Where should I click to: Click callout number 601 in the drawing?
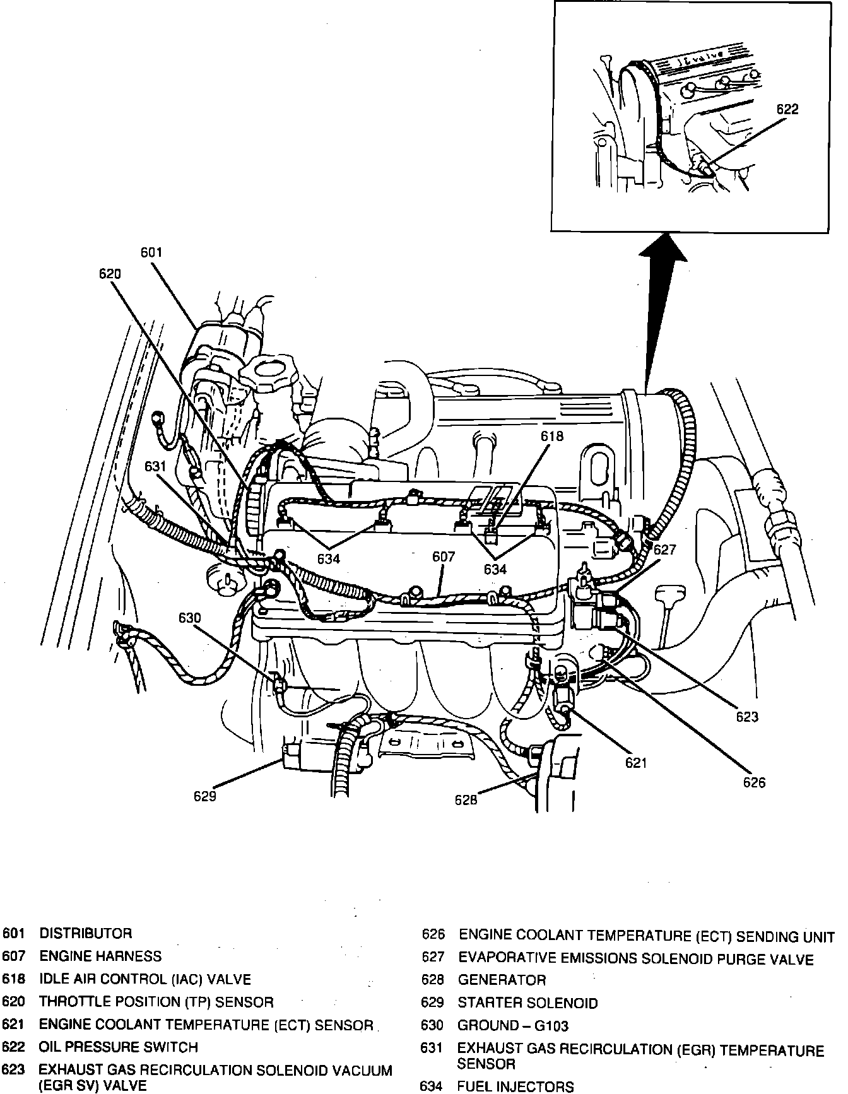tap(151, 252)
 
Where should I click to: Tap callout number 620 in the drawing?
tap(110, 273)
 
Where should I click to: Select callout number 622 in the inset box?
tap(787, 109)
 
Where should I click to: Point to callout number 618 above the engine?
tap(551, 436)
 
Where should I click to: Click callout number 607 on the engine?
tap(444, 557)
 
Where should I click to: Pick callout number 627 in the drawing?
tap(664, 550)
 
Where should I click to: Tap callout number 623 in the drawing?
tap(746, 717)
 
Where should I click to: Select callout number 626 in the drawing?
tap(754, 782)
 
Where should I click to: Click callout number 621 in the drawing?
tap(636, 763)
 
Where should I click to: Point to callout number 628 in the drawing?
tap(466, 800)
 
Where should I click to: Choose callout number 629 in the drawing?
tap(205, 796)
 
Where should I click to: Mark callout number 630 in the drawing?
tap(189, 618)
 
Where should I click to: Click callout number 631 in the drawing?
tap(155, 466)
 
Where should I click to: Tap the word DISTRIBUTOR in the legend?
tap(86, 933)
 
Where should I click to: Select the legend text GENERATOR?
tap(502, 980)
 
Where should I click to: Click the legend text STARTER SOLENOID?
tap(527, 1003)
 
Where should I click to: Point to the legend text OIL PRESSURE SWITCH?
tap(119, 1047)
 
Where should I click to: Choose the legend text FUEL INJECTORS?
tap(515, 1086)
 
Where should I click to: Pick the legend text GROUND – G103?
tap(513, 1026)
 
